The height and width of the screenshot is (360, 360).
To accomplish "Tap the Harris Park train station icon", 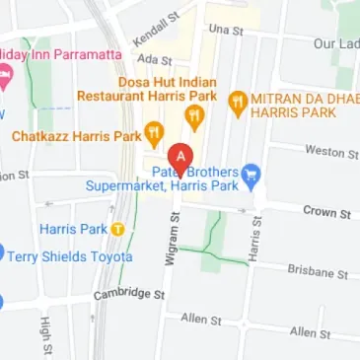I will [116, 229].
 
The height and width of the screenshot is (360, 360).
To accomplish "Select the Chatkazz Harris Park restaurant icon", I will [154, 132].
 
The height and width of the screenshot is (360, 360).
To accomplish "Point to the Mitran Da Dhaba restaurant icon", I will [237, 101].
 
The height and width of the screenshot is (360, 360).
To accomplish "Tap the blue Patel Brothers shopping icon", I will [252, 175].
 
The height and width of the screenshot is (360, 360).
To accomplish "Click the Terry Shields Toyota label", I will [71, 256].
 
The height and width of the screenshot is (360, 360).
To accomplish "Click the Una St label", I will [226, 31].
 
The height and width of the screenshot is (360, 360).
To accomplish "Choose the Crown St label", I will [326, 212].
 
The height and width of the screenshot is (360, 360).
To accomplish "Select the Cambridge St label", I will [128, 294].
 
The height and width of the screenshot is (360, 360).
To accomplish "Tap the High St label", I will [44, 338].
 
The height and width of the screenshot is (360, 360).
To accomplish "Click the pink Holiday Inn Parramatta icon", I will [3, 74].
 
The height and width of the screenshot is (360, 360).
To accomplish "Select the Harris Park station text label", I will [72, 229].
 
